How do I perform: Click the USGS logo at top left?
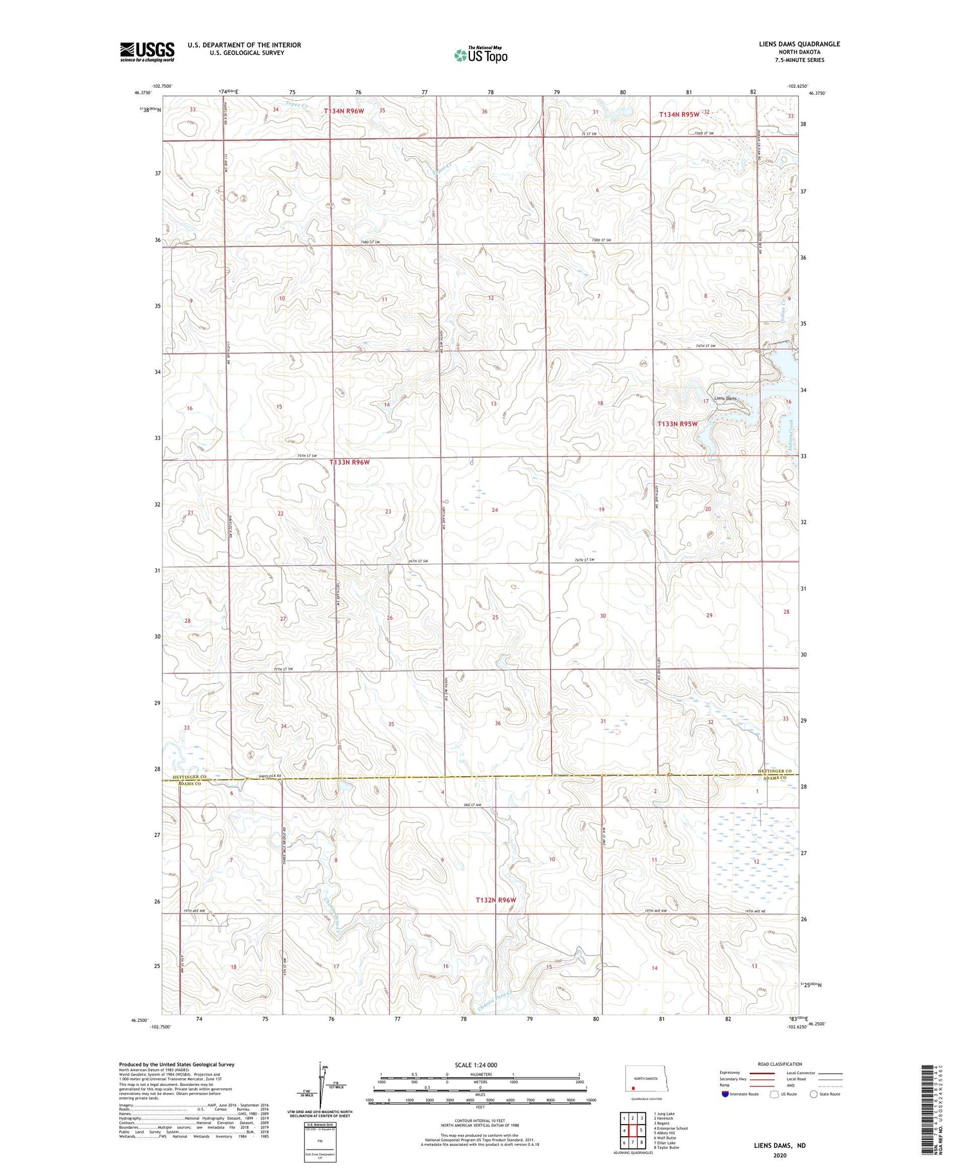pos(147,52)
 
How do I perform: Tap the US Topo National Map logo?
pos(480,55)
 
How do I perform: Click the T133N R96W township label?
pos(350,462)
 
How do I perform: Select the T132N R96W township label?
pos(496,899)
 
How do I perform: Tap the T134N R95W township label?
pos(679,114)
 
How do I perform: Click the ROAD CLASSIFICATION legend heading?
pos(780,1064)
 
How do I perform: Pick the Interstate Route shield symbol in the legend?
pos(725,1094)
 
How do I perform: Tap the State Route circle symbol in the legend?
pos(814,1094)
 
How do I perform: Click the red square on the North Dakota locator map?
pos(634,1086)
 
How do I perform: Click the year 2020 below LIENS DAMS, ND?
pos(780,1156)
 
